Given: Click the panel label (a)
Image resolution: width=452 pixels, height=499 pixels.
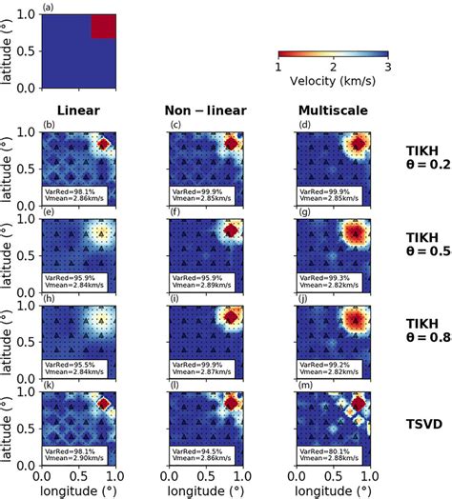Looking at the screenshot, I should [x=48, y=6].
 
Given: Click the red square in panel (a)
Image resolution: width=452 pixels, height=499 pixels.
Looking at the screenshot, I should [x=103, y=27].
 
